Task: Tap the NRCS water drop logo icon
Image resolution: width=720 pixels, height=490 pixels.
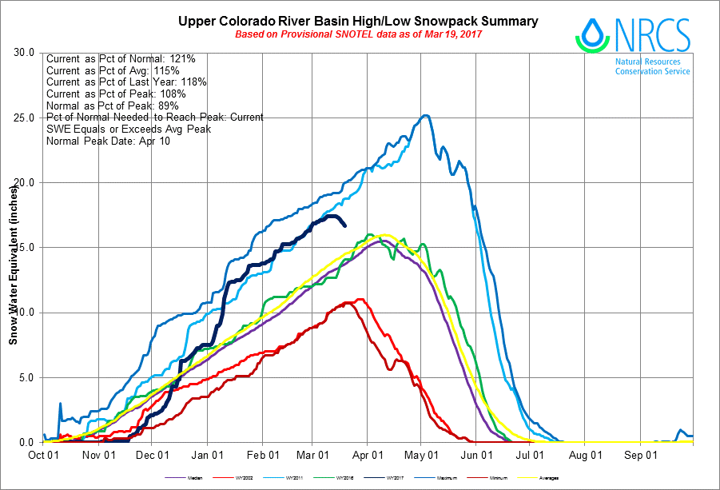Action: pos(591,31)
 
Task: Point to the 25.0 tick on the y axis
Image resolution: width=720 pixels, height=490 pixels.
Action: pos(23,118)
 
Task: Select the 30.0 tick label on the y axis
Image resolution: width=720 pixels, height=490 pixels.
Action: pos(23,53)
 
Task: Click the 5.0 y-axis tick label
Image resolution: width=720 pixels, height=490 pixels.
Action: pos(26,377)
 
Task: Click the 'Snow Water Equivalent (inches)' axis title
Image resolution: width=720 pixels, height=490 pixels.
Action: pos(13,265)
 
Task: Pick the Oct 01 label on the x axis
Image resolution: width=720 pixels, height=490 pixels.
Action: pos(42,456)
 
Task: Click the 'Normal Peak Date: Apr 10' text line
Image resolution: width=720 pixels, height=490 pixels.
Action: pos(108,141)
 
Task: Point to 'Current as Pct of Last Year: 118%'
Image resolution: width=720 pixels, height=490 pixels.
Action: pos(127,82)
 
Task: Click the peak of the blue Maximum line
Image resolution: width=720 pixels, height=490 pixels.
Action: pos(426,116)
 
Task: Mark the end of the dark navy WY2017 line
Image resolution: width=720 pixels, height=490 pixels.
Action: pos(344,225)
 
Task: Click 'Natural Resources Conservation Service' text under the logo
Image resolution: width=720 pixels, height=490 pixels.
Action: pos(652,66)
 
